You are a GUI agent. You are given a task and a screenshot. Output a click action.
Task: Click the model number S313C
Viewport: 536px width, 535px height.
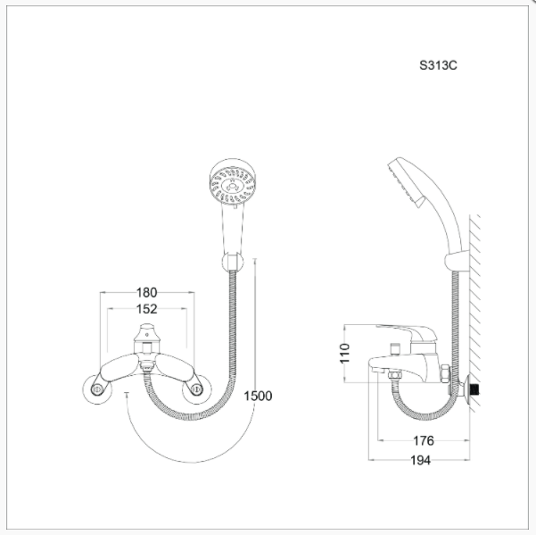point(438,65)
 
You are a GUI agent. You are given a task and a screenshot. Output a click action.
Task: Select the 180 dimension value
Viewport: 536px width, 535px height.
point(146,293)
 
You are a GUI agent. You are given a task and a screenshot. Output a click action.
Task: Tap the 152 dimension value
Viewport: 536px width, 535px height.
point(146,309)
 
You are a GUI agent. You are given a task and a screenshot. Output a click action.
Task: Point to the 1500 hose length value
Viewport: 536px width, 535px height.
point(258,396)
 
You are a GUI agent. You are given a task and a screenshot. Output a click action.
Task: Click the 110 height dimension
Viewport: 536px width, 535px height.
point(345,353)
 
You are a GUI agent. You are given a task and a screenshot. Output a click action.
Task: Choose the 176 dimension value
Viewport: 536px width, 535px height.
point(424,441)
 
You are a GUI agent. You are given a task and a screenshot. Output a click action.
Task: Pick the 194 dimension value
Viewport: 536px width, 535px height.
point(420,460)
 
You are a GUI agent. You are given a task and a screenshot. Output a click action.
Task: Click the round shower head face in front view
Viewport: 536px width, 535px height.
point(233,186)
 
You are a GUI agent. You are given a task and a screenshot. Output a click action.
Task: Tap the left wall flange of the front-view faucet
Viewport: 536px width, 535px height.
point(97,389)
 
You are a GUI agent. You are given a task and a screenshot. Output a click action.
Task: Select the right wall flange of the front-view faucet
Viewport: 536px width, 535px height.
point(197,389)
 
